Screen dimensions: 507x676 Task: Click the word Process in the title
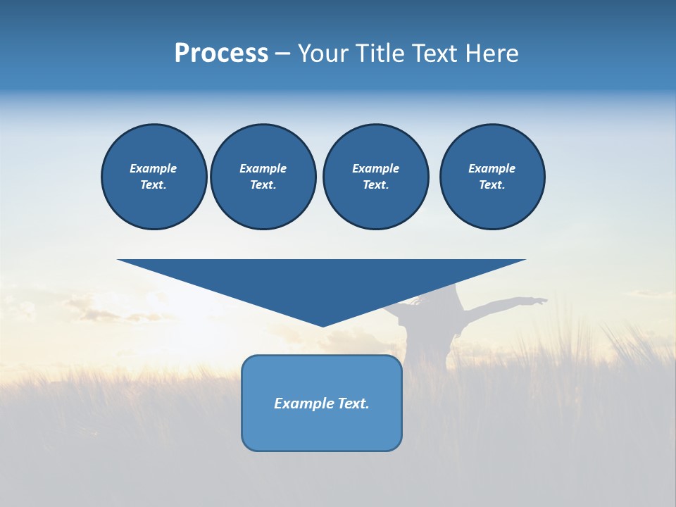221,54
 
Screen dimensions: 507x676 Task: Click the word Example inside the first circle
154,168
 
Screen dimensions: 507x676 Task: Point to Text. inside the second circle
263,185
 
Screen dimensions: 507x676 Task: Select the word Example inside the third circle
375,168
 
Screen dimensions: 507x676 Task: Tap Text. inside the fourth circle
492,185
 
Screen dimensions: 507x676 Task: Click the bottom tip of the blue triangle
323,325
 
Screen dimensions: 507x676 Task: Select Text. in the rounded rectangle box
353,403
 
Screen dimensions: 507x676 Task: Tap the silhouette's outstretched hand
540,301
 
